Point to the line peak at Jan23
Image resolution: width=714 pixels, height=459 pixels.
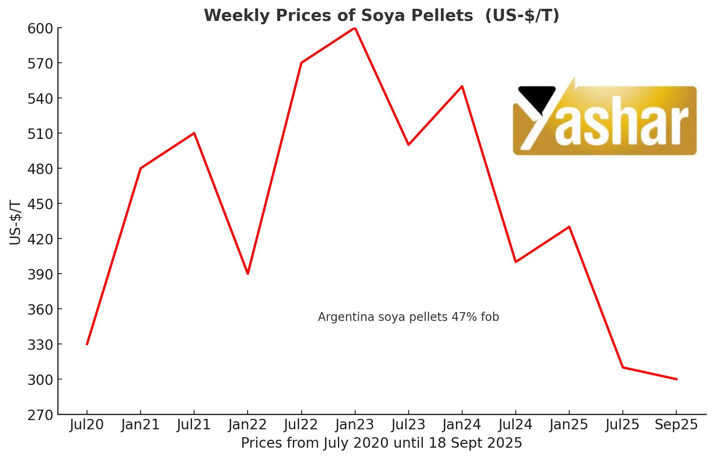click(355, 28)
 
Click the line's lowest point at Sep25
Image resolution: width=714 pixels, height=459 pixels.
click(676, 379)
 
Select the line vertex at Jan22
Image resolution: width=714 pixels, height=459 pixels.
click(248, 274)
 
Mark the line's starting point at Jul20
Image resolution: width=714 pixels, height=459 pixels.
click(87, 344)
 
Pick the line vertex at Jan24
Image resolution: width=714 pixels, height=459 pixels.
click(462, 86)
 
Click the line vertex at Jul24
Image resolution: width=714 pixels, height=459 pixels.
click(516, 262)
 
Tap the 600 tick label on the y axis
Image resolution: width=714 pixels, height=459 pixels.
click(40, 29)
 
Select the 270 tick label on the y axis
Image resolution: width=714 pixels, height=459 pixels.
click(40, 415)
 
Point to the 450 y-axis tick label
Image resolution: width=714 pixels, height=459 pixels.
click(40, 204)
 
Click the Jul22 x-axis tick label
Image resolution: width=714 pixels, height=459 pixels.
click(301, 425)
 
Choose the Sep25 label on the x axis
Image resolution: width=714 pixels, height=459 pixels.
click(676, 425)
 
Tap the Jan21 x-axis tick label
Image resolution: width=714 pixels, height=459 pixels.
click(141, 425)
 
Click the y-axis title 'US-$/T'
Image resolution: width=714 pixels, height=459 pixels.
click(15, 223)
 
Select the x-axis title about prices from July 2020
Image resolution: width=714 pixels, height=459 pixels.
click(381, 443)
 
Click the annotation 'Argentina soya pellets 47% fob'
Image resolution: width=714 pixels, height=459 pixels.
click(408, 317)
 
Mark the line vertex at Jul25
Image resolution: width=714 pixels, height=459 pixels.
click(623, 367)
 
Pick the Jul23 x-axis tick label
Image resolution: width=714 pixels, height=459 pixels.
click(408, 425)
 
